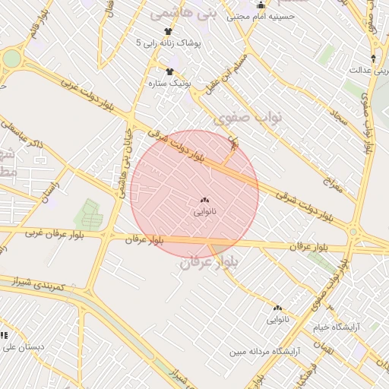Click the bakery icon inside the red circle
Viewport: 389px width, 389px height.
(x=204, y=201)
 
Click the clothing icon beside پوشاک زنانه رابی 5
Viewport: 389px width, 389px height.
(x=168, y=32)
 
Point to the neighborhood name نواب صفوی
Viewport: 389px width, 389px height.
(x=248, y=117)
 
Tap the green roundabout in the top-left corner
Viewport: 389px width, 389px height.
(x=10, y=59)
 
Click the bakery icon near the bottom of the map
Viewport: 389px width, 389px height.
(x=277, y=308)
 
